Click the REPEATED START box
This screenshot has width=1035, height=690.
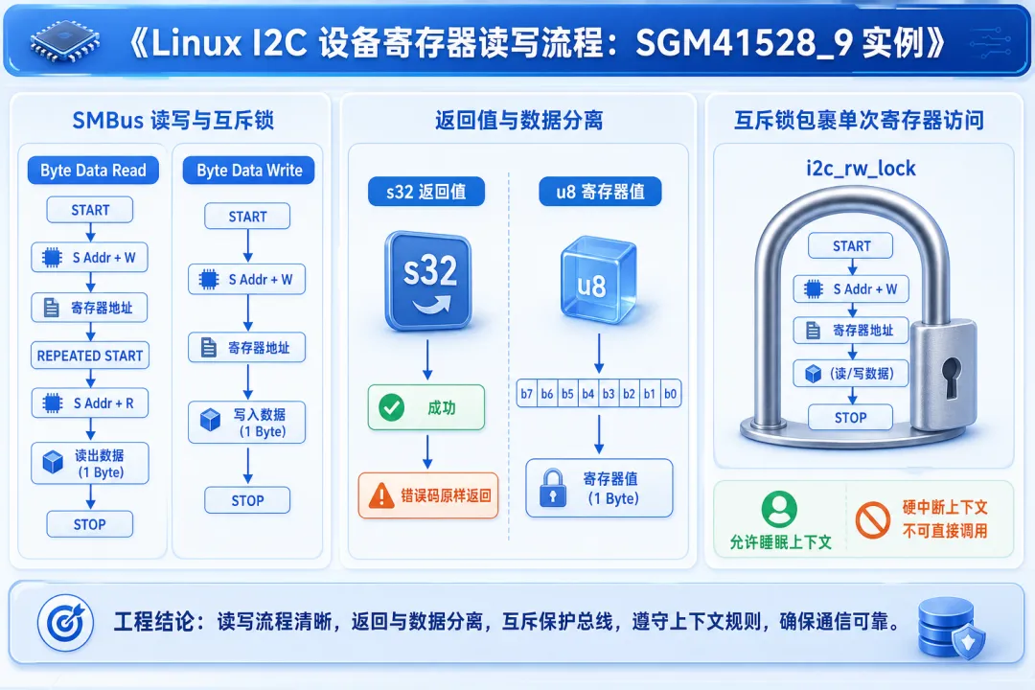(90, 356)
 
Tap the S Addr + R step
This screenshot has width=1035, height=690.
(90, 402)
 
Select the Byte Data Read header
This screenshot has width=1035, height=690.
(93, 171)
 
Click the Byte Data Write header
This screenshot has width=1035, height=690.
(249, 171)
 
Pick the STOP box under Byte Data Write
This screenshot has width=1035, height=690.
(247, 500)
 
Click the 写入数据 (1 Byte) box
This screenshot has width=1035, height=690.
(247, 423)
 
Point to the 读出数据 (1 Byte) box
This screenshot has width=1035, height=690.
(90, 464)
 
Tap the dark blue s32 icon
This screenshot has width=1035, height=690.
(428, 280)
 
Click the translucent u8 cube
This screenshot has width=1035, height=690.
(598, 280)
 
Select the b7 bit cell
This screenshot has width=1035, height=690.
(527, 394)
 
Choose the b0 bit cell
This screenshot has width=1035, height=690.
(671, 394)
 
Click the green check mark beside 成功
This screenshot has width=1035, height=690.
(391, 408)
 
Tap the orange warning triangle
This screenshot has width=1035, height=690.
(381, 495)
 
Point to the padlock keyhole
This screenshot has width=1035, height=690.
(951, 377)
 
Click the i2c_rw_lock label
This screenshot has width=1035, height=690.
(861, 169)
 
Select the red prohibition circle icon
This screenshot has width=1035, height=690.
(873, 520)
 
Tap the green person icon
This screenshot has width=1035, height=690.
(779, 509)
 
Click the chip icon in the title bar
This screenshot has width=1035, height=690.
(64, 42)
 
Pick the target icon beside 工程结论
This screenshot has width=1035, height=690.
(65, 623)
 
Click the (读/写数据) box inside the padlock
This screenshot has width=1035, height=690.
(851, 373)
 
